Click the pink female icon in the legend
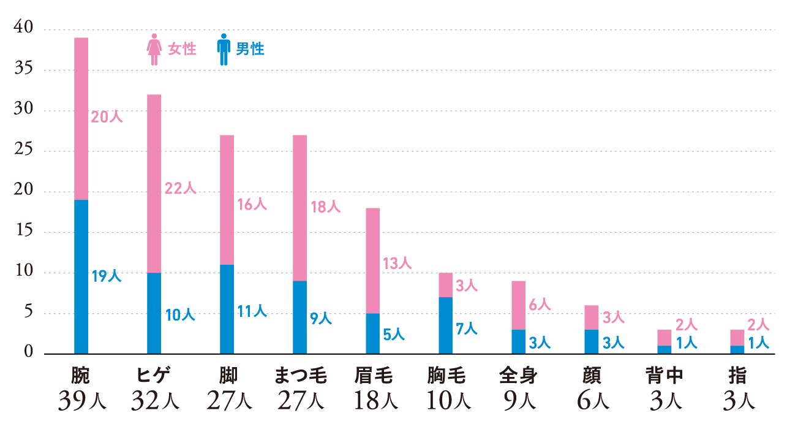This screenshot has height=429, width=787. pyautogui.click(x=153, y=49)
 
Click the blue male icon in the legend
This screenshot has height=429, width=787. pyautogui.click(x=224, y=49)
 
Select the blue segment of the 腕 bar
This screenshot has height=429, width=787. pyautogui.click(x=81, y=276)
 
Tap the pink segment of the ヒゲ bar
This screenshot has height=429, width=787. pyautogui.click(x=154, y=184)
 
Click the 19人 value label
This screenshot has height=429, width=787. pyautogui.click(x=107, y=276)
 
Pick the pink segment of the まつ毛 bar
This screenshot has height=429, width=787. pyautogui.click(x=299, y=208)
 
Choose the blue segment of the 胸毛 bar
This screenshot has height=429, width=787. pyautogui.click(x=445, y=325)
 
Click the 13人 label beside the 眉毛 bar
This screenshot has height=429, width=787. pyautogui.click(x=397, y=264)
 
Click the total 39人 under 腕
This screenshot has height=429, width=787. pyautogui.click(x=81, y=401)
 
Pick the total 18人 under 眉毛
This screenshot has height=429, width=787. pyautogui.click(x=372, y=401)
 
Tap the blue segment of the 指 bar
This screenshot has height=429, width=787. pyautogui.click(x=737, y=349)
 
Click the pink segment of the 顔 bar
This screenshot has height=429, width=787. pyautogui.click(x=591, y=317)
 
